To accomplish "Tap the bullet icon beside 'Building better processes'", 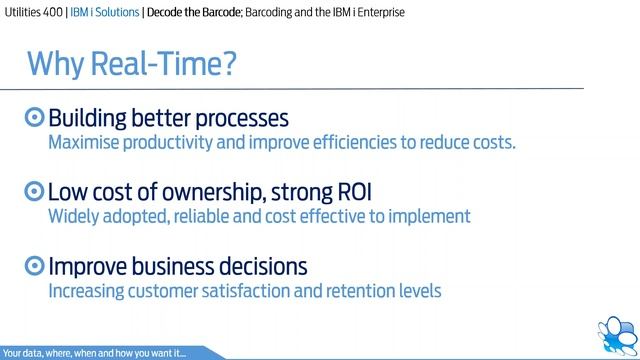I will click(x=35, y=117).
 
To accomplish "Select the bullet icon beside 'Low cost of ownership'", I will click(x=35, y=191).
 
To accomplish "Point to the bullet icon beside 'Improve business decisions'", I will click(x=35, y=267).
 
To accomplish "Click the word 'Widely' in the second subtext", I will click(x=75, y=216).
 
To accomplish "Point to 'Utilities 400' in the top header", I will click(x=34, y=13).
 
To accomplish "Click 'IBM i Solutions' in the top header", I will click(x=126, y=13).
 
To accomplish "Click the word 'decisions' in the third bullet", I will click(x=257, y=267).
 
